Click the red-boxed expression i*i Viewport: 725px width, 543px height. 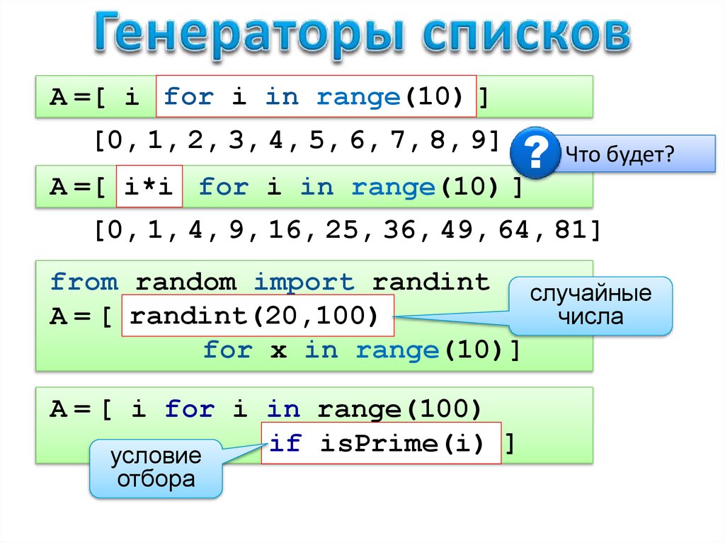149,188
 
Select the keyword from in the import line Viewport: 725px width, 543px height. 84,282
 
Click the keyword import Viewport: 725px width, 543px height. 304,282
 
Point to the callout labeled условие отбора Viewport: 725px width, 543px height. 156,467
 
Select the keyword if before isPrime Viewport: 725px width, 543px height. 285,444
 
